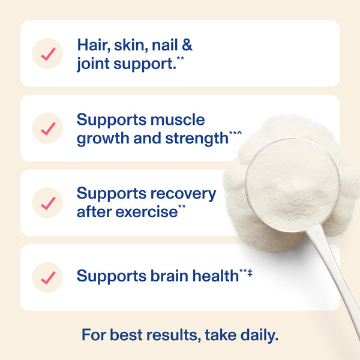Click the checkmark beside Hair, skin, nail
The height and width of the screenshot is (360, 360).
(48, 53)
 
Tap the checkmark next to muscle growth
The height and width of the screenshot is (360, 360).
(48, 128)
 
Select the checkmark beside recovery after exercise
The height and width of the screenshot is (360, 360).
(48, 203)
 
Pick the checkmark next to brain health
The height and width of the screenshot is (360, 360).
(48, 277)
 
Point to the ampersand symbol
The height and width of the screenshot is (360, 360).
(186, 45)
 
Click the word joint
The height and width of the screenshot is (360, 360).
(92, 63)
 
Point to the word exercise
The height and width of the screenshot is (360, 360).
(149, 212)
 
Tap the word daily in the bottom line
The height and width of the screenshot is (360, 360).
(257, 335)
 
